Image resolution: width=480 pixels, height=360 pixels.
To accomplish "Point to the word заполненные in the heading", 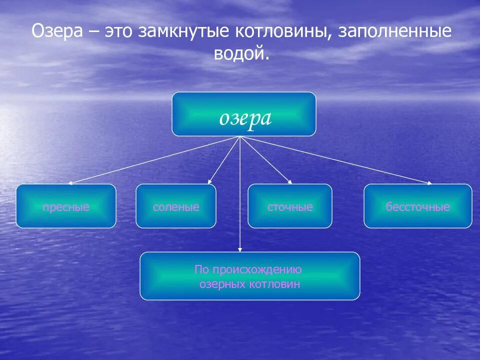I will tap(395, 33).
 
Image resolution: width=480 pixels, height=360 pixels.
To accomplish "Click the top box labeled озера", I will tap(244, 114).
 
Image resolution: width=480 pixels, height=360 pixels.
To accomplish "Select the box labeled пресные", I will tap(66, 206).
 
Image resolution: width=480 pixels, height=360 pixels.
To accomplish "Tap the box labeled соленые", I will tap(176, 206).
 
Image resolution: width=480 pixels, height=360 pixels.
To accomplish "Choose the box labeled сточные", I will tap(290, 206).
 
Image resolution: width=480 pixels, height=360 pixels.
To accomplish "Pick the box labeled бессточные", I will tap(417, 206).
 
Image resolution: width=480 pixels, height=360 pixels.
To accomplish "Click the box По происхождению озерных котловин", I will tap(249, 276).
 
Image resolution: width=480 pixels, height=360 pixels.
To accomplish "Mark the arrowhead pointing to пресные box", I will tap(70, 183).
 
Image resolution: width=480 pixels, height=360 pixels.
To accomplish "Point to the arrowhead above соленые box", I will tap(210, 182).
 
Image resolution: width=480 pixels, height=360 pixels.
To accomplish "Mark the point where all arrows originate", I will tap(240, 137).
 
